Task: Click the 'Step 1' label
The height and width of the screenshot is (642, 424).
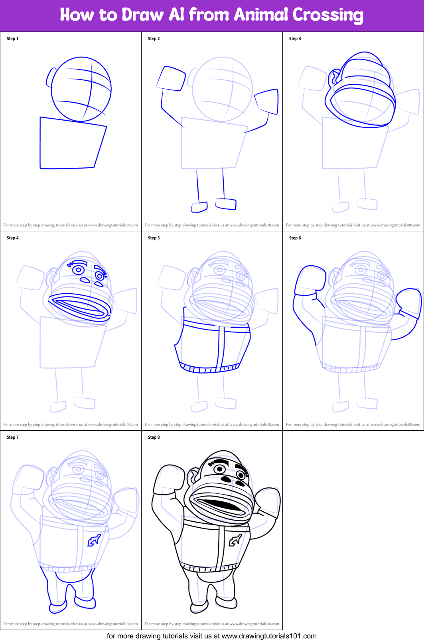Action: click(13, 39)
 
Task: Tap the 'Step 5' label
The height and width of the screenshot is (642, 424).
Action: click(154, 238)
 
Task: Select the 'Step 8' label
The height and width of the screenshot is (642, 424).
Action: click(154, 437)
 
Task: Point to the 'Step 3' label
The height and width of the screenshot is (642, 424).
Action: click(295, 39)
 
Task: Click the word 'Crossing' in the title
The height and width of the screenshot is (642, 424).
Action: click(328, 15)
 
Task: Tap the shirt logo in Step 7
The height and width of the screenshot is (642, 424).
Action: click(94, 541)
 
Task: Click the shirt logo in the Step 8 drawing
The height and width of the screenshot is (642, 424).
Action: click(235, 541)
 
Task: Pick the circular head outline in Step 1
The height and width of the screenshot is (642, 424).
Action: click(81, 89)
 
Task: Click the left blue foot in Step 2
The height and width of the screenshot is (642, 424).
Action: click(199, 207)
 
